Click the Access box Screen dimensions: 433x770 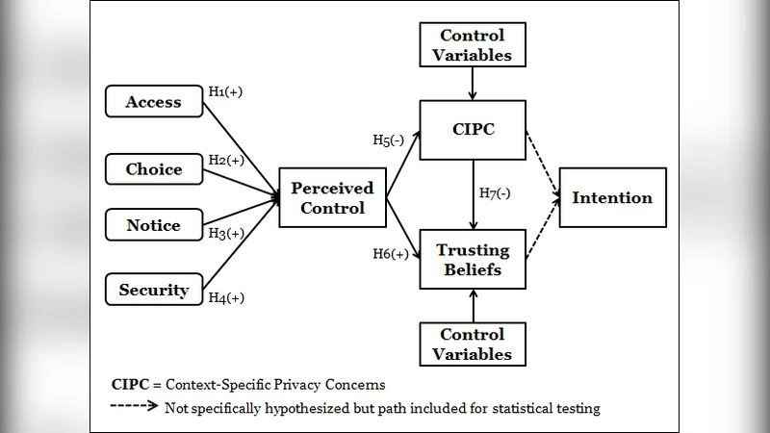[x=153, y=102]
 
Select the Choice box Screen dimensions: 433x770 [x=153, y=169]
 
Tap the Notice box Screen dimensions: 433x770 [x=153, y=225]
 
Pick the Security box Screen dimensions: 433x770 [x=153, y=290]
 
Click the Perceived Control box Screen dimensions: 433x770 [x=332, y=198]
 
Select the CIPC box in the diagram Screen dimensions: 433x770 [x=472, y=130]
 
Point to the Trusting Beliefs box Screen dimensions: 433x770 [x=472, y=259]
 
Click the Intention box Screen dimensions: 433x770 [x=612, y=197]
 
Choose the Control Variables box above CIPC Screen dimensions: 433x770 [x=472, y=46]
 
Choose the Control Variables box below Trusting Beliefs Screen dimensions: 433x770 [x=472, y=344]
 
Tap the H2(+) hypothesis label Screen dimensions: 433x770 [x=226, y=159]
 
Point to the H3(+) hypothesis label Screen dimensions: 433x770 [x=226, y=233]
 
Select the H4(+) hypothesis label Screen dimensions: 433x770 [x=226, y=297]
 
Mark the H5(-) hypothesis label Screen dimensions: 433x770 [x=390, y=140]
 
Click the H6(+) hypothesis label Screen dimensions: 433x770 [x=391, y=254]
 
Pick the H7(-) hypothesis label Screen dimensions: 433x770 [x=495, y=192]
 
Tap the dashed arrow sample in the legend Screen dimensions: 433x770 [x=136, y=407]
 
